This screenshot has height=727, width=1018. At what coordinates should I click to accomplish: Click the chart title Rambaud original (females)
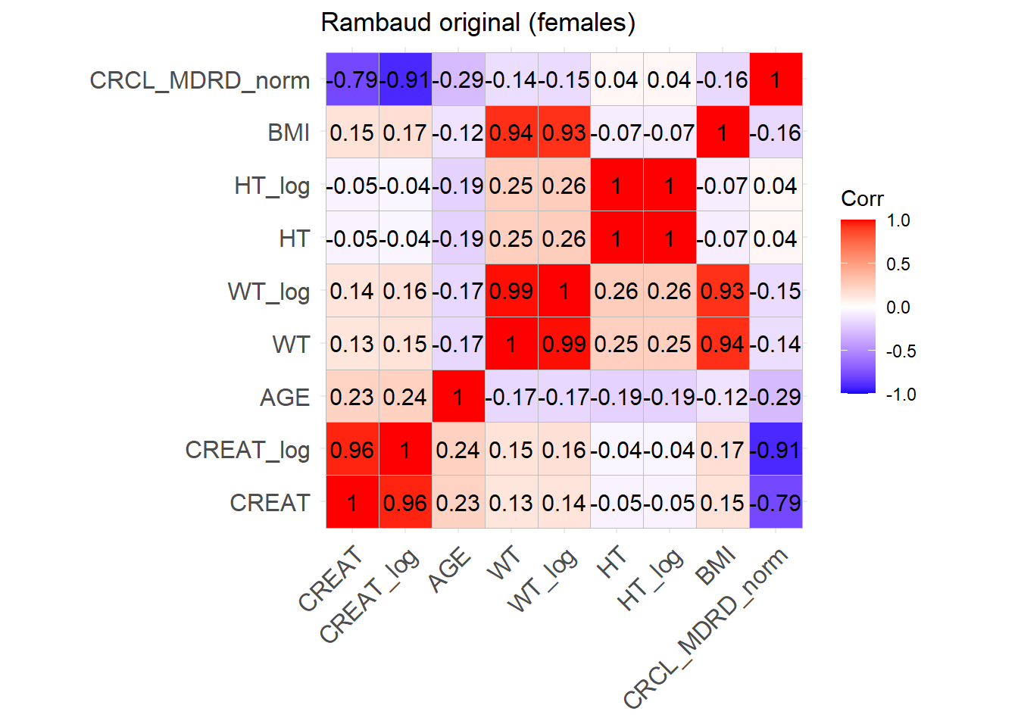(x=478, y=23)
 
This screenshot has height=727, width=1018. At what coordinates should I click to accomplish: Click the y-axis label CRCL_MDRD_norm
(x=200, y=80)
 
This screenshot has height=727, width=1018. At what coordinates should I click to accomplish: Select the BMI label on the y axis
(x=289, y=133)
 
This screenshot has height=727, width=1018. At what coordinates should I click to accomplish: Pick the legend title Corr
(x=862, y=199)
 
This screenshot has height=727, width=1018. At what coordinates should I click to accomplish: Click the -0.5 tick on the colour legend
(x=901, y=351)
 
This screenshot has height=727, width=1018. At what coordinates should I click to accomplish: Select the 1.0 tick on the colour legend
(x=898, y=221)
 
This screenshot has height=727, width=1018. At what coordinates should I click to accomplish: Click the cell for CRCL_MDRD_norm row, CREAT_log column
(x=405, y=80)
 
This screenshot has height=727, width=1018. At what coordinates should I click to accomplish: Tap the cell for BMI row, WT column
(x=511, y=133)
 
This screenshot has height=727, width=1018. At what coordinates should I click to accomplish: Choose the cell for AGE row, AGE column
(x=458, y=397)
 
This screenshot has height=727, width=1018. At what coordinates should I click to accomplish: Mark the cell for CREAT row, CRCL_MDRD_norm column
(x=776, y=502)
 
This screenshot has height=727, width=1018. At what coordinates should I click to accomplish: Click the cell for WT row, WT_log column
(x=564, y=344)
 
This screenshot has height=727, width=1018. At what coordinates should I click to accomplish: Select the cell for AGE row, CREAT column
(x=352, y=397)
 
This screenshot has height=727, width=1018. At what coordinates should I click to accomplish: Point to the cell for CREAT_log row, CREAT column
(x=352, y=450)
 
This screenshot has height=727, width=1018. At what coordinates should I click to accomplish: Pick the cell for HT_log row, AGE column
(x=458, y=186)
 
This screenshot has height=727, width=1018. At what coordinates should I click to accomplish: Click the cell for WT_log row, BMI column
(x=723, y=291)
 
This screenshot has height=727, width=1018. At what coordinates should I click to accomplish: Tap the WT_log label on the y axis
(x=269, y=292)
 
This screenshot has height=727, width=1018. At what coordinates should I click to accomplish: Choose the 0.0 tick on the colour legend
(x=898, y=307)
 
